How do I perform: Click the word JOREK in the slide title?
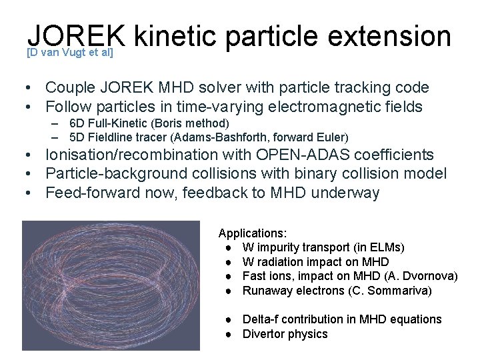pyautogui.click(x=76, y=36)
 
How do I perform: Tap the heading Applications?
pyautogui.click(x=253, y=233)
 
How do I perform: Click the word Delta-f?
pyautogui.click(x=263, y=319)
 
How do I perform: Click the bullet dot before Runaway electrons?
pyautogui.click(x=229, y=291)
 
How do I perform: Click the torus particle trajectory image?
pyautogui.click(x=111, y=285)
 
